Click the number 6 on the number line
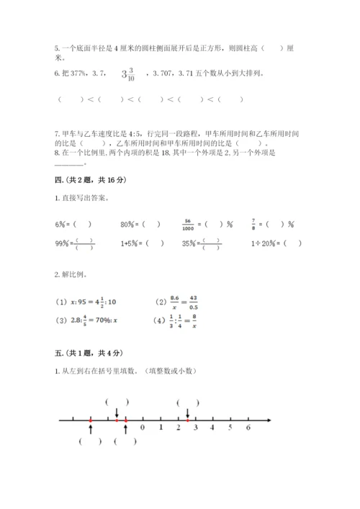coord(248,428)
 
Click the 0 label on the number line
coord(143,428)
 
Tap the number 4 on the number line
coord(212,428)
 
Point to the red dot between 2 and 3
coord(188,420)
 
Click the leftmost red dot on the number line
coord(90,420)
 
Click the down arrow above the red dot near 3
coord(188,412)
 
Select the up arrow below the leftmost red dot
coord(90,429)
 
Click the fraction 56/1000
coord(189,224)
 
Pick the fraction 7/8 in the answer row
coord(254,224)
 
